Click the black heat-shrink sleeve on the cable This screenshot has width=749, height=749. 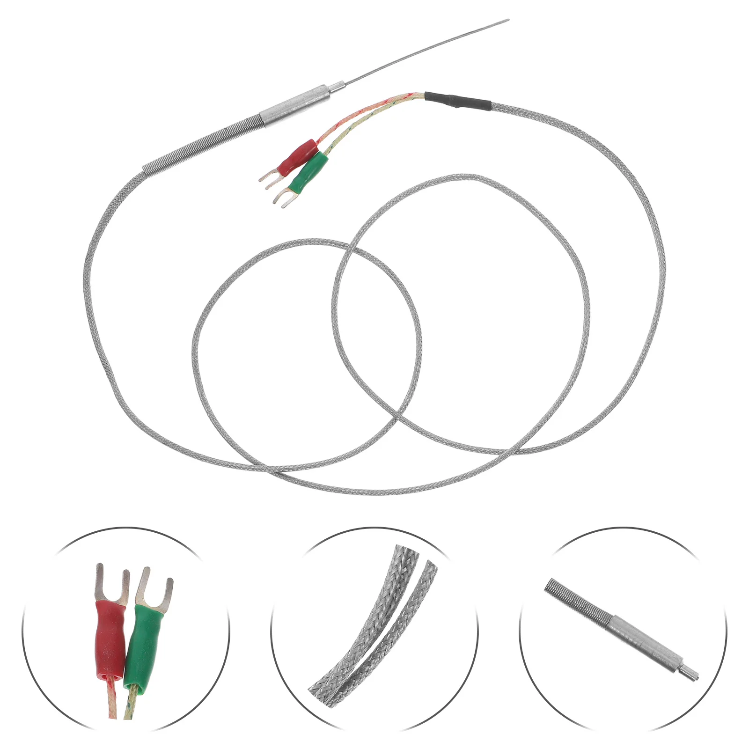coord(457,101)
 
